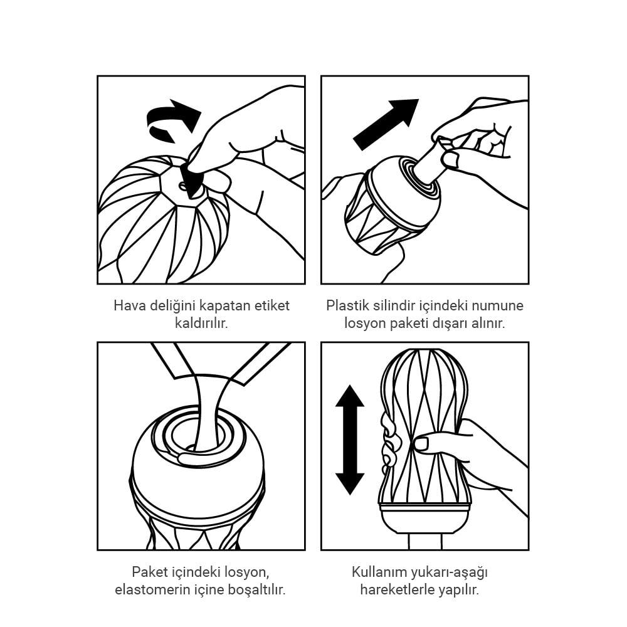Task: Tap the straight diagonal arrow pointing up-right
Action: coord(386,124)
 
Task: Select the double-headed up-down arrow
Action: coord(350,440)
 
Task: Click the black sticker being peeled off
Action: coord(191,180)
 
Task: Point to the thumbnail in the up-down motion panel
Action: coord(421,444)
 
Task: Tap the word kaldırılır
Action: coord(201,323)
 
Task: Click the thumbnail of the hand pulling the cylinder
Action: coord(450,160)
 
